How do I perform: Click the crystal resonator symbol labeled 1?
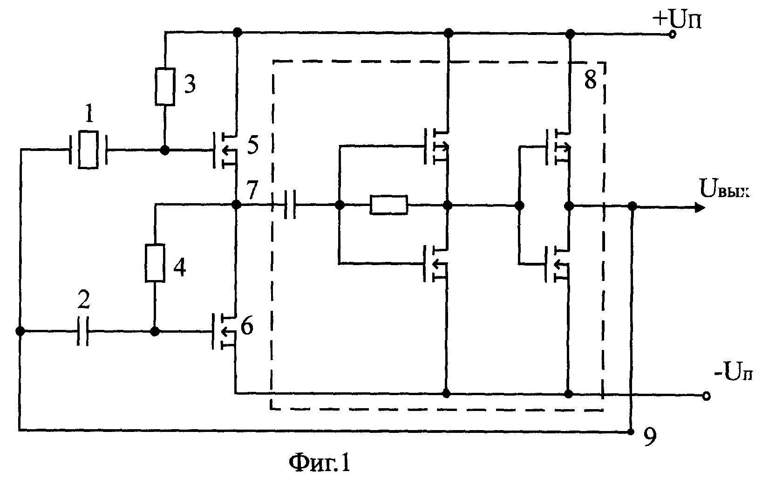point(88,150)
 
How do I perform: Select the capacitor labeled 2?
point(82,331)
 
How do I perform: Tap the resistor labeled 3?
point(165,87)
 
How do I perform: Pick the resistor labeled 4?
point(155,263)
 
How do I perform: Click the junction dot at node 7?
point(236,205)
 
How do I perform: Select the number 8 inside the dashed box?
point(590,80)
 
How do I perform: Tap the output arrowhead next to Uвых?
point(700,207)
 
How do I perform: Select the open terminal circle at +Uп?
point(672,34)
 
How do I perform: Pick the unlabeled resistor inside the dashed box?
point(389,205)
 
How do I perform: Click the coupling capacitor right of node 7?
point(290,205)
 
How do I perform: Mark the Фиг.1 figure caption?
point(320,463)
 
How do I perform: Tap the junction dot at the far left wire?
point(20,331)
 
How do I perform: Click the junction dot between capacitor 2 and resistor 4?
point(155,331)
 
